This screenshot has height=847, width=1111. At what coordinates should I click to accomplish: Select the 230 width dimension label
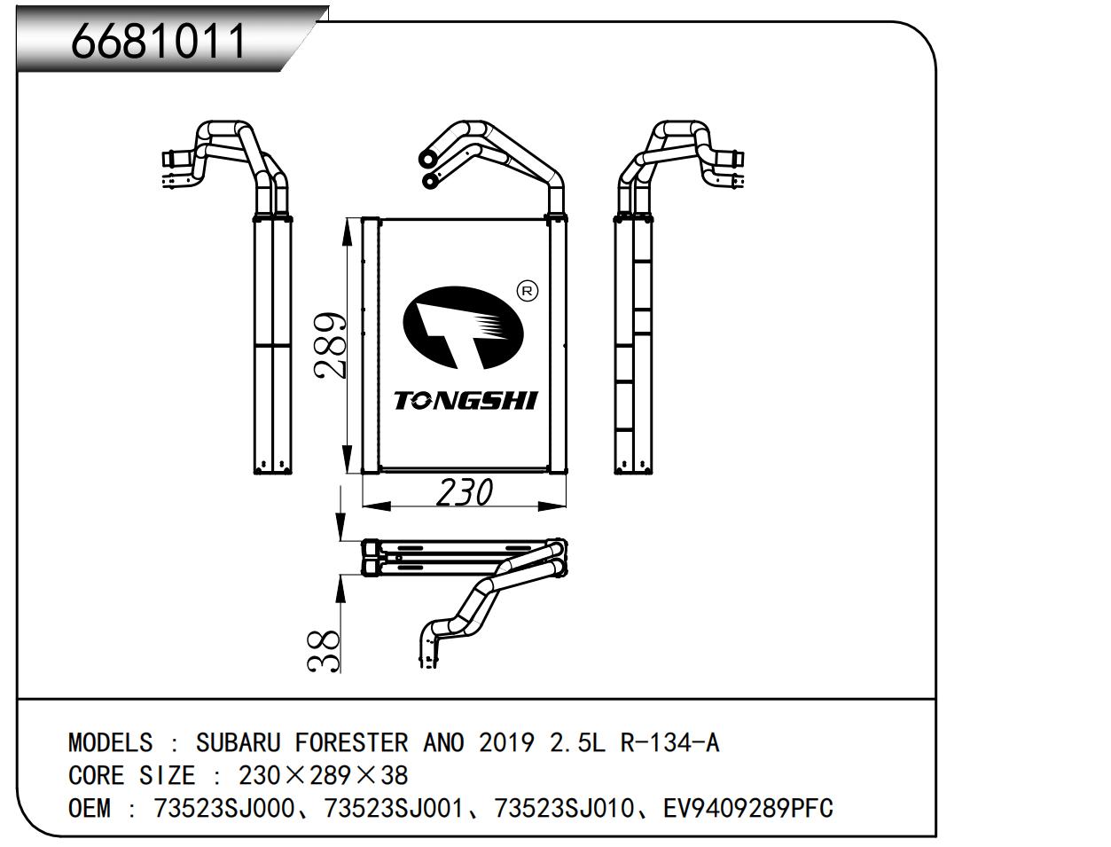click(464, 491)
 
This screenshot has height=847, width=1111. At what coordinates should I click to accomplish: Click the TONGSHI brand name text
click(466, 401)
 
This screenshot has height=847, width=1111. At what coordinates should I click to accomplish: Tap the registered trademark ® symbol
click(527, 291)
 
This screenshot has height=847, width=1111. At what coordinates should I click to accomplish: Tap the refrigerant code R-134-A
click(669, 742)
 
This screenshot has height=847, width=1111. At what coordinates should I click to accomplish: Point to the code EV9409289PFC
click(747, 809)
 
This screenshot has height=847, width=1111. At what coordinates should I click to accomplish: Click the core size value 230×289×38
click(324, 776)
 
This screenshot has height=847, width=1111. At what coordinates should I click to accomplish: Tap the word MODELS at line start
click(110, 742)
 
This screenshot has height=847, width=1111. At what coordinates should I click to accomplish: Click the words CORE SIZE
click(131, 776)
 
